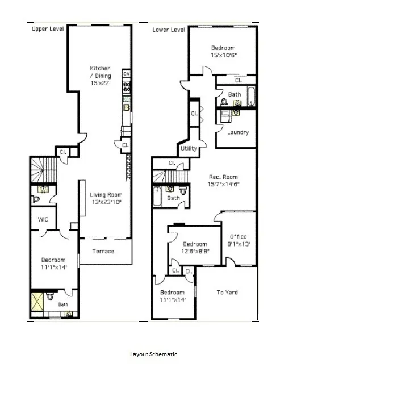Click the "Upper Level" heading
click(48, 29)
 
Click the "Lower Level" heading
click(169, 30)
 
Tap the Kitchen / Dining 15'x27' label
click(101, 76)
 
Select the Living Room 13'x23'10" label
click(106, 198)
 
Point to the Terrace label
click(103, 251)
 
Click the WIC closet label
click(43, 219)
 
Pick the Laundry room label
click(237, 132)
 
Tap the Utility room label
click(189, 149)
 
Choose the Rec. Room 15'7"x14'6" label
click(223, 181)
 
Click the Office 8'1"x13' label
click(239, 240)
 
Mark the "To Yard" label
click(227, 293)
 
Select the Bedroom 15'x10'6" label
click(223, 52)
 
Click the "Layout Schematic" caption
click(153, 354)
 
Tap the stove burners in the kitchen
click(127, 86)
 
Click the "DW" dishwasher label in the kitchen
click(127, 74)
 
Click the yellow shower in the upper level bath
click(38, 300)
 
